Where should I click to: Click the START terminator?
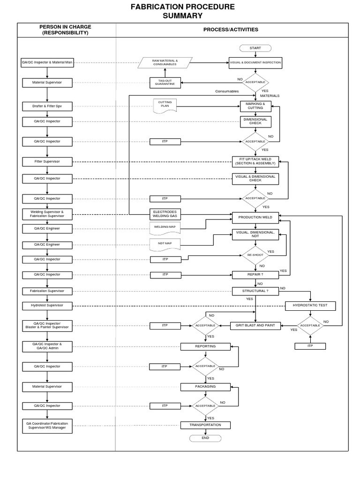pos(255,48)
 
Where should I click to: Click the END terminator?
pos(205,438)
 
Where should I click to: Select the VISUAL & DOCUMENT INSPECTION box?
pos(255,62)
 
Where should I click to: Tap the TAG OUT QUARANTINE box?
pos(165,82)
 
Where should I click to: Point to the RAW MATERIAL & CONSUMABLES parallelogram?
pos(165,62)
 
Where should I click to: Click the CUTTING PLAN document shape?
pos(165,105)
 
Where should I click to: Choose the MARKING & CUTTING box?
pos(255,106)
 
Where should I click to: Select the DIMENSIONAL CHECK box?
pos(255,121)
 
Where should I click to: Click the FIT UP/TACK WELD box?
pos(255,161)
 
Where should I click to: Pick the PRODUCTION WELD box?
pos(255,217)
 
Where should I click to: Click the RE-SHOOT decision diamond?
pos(255,255)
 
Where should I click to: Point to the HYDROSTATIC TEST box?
pos(310,306)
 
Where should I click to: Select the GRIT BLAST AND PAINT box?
pos(255,325)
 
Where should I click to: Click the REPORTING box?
pos(205,346)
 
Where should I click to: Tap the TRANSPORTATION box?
pos(205,425)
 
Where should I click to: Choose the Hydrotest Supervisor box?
pos(47,306)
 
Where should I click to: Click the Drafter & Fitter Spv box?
pos(47,106)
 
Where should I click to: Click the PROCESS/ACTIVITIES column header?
pos(230,30)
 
